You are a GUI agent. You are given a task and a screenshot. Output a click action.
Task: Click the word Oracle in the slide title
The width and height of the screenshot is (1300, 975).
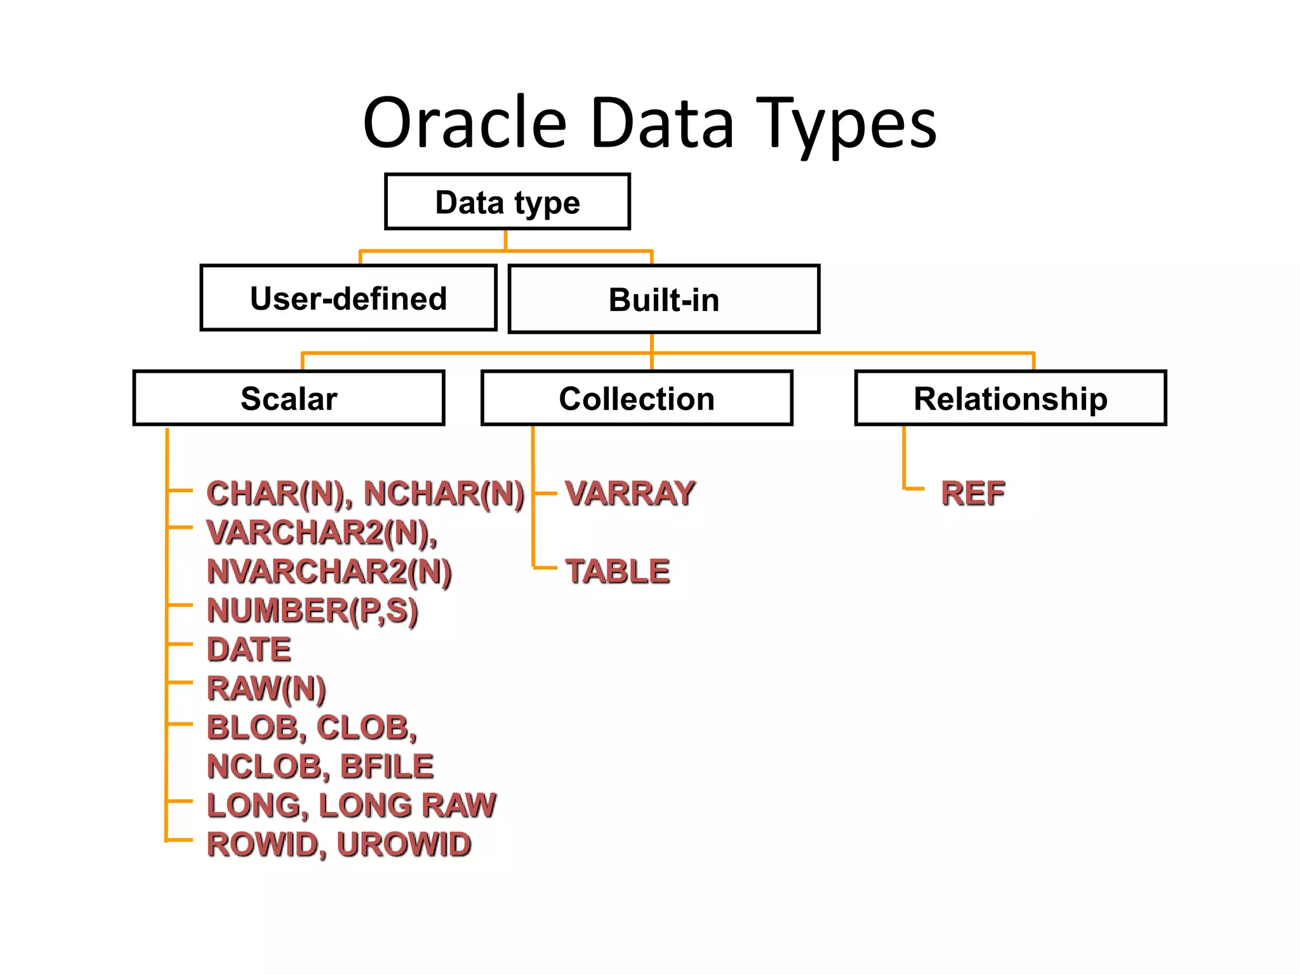[464, 123]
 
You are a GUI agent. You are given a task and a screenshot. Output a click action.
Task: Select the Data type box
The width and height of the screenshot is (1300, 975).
[507, 202]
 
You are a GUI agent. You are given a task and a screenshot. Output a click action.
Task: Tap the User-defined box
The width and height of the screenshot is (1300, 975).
[348, 298]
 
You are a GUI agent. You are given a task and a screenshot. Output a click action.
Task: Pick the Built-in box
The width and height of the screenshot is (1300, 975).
[664, 300]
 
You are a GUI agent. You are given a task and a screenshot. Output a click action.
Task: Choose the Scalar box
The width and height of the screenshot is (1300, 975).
[289, 399]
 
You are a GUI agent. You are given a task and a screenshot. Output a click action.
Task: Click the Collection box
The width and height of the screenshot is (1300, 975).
[637, 399]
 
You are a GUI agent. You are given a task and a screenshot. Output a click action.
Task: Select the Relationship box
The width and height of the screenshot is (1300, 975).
[1011, 399]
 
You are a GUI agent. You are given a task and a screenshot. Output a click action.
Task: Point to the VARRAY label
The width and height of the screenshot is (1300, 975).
[630, 493]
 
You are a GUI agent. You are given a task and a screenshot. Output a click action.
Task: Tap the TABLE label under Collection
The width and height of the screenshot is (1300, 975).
[618, 571]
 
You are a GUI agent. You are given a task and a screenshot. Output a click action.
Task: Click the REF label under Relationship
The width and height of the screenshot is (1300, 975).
[973, 493]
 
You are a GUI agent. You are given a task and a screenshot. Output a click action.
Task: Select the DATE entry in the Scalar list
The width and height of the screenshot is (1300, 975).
[249, 649]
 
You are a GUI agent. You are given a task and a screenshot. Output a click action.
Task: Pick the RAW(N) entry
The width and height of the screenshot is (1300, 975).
[266, 689]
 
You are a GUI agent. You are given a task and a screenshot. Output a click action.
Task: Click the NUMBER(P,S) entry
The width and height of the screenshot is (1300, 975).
[312, 611]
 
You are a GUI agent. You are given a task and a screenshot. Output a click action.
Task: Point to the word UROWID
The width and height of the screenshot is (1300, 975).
[404, 844]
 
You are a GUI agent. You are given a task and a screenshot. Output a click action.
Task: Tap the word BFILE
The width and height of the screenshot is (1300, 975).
[387, 766]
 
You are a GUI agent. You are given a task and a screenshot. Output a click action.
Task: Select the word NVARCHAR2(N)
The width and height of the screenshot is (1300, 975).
[329, 571]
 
